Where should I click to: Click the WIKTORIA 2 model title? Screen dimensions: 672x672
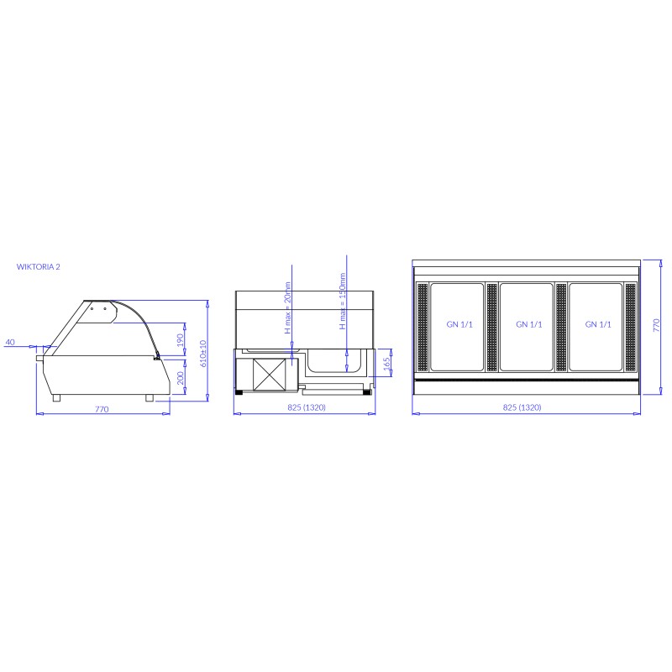click(38, 266)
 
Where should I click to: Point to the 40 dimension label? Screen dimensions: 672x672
click(10, 342)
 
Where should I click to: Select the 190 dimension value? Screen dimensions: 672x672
click(181, 341)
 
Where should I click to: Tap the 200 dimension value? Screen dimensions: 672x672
click(181, 378)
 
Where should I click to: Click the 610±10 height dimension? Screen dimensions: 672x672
click(203, 354)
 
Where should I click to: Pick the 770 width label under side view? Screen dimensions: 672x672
click(102, 409)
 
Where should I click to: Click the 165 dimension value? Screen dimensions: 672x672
click(387, 364)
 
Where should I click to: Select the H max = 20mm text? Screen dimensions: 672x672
click(288, 307)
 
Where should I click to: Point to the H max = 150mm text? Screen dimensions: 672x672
click(343, 301)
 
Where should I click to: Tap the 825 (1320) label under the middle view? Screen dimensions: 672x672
click(307, 407)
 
